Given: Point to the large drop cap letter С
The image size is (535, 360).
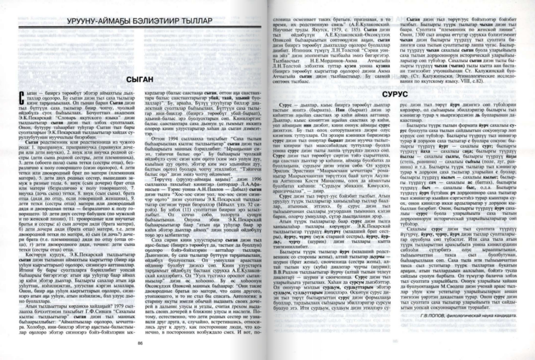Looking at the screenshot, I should (21, 97).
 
